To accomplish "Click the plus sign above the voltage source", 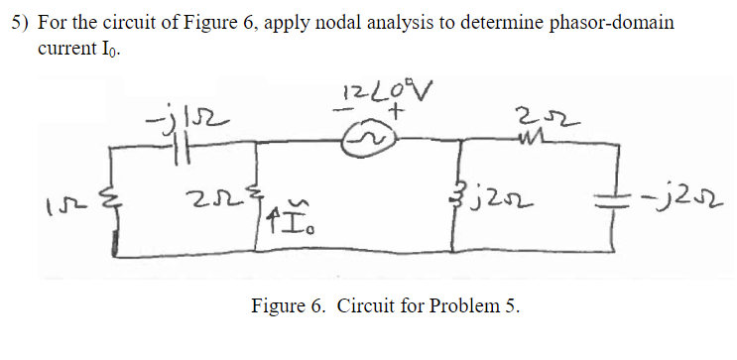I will [x=393, y=114].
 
